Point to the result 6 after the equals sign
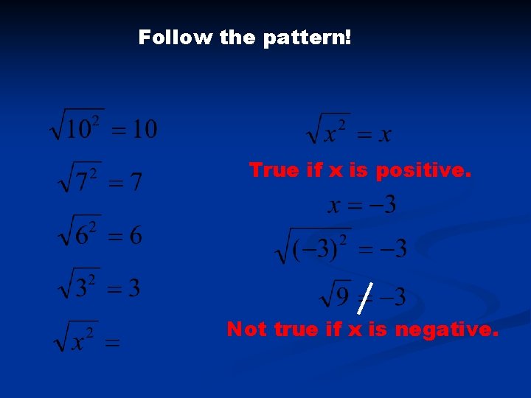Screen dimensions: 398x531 pyautogui.click(x=136, y=237)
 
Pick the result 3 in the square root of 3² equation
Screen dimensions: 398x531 pyautogui.click(x=133, y=288)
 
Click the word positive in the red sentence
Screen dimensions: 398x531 pyautogui.click(x=423, y=171)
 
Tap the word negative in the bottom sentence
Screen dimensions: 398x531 pyautogui.click(x=447, y=329)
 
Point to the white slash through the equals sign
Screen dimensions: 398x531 pyautogui.click(x=364, y=297)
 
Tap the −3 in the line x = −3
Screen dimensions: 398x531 pyautogui.click(x=382, y=204)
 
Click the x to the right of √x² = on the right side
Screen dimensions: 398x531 pyautogui.click(x=384, y=135)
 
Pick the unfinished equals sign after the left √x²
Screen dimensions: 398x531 pyautogui.click(x=112, y=343)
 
